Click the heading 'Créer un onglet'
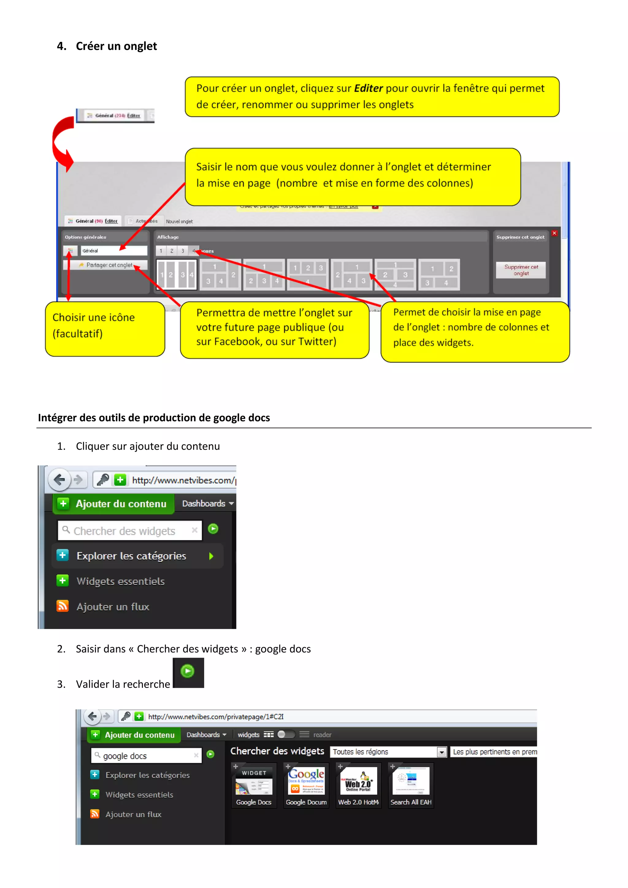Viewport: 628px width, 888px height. point(116,46)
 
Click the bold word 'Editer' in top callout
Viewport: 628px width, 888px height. point(368,88)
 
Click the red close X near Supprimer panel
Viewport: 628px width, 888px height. point(554,233)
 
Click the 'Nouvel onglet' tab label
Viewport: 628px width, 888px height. point(179,221)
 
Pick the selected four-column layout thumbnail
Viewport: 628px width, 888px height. point(177,275)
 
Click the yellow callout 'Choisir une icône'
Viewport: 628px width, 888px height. point(105,329)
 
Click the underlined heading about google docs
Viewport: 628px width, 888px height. point(154,418)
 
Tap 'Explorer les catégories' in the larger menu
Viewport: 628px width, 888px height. point(131,556)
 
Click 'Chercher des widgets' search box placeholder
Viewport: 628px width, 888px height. point(124,531)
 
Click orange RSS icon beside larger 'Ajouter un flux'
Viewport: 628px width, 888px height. point(63,606)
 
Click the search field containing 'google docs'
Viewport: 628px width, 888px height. point(146,756)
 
